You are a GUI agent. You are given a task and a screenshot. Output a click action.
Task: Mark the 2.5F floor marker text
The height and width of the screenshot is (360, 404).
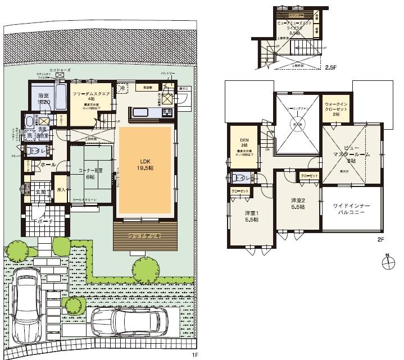tap(330, 67)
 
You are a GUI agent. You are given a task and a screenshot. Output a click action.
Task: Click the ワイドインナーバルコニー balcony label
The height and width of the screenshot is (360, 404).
tap(351, 211)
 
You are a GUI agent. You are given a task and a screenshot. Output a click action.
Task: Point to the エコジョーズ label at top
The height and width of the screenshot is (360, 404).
tap(60, 70)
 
